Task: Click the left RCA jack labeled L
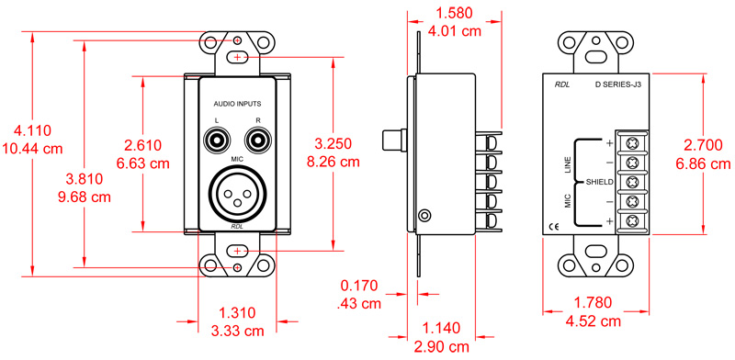(219, 141)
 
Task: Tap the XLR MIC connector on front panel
(237, 192)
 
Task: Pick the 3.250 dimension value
(333, 145)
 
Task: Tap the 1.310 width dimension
(237, 312)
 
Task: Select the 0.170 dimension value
(359, 286)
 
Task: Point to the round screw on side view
(424, 216)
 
